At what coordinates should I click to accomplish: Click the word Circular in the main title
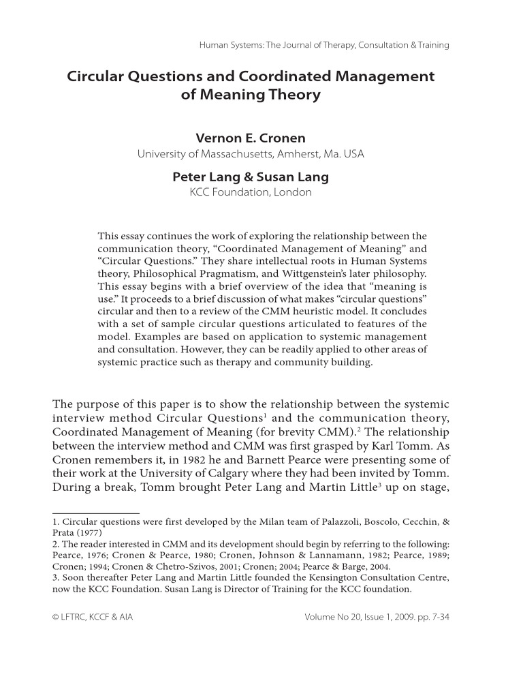tap(93, 76)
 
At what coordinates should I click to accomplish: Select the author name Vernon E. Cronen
tap(251, 138)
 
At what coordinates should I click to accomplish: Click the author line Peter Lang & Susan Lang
tap(251, 177)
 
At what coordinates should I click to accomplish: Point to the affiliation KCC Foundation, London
tap(251, 192)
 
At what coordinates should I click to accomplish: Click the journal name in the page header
tap(324, 46)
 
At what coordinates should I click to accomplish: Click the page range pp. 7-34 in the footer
tap(427, 618)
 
